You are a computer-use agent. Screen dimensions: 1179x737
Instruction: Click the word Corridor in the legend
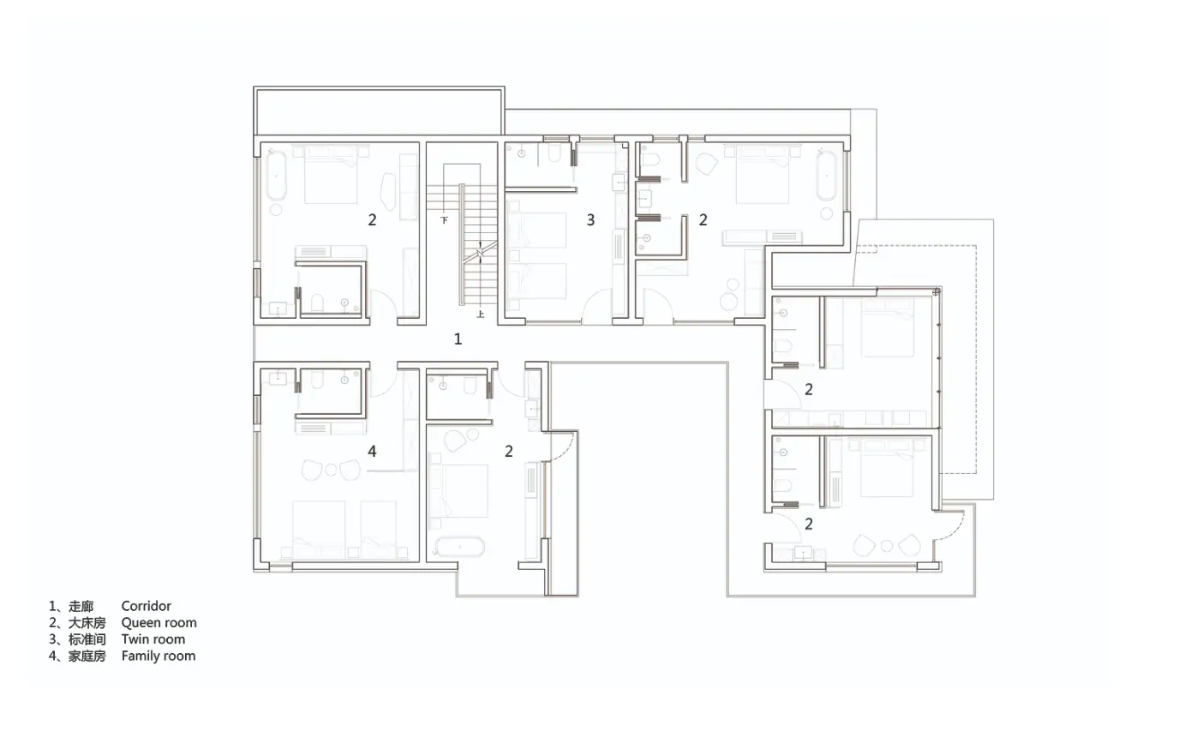[146, 606]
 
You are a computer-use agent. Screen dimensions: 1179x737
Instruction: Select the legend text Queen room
[159, 623]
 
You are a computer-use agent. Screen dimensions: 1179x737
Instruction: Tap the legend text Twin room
[153, 639]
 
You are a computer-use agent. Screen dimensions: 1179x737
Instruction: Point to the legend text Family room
[158, 656]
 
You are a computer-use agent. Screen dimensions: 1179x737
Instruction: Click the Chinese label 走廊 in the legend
[81, 607]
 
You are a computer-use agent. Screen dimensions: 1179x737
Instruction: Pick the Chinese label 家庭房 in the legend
[87, 656]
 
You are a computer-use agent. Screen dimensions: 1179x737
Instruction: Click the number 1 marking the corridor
[458, 339]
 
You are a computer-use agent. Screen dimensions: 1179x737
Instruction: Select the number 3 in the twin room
[590, 220]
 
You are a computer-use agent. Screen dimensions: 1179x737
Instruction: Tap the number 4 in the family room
[372, 451]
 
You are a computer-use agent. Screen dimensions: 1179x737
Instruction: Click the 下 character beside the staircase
[444, 220]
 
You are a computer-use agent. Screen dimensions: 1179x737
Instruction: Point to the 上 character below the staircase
[480, 315]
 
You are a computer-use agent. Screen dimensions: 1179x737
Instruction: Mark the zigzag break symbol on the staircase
[480, 253]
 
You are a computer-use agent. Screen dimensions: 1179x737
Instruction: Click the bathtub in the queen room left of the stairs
[276, 176]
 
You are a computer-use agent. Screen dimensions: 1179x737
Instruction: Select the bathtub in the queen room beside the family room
[459, 547]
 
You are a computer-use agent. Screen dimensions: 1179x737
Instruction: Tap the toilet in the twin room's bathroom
[554, 153]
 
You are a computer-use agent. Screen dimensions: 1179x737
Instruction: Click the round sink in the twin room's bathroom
[521, 153]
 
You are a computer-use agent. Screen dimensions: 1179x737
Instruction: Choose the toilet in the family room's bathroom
[317, 380]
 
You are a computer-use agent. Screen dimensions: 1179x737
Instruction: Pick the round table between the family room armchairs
[331, 470]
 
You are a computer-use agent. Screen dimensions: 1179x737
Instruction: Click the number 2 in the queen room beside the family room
[508, 451]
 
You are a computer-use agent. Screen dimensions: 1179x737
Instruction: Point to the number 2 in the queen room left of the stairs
[372, 220]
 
